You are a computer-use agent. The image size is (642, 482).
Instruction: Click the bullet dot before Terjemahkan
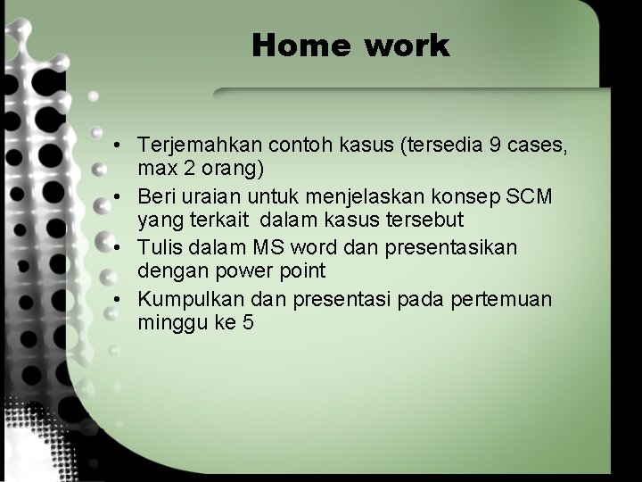(x=118, y=145)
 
